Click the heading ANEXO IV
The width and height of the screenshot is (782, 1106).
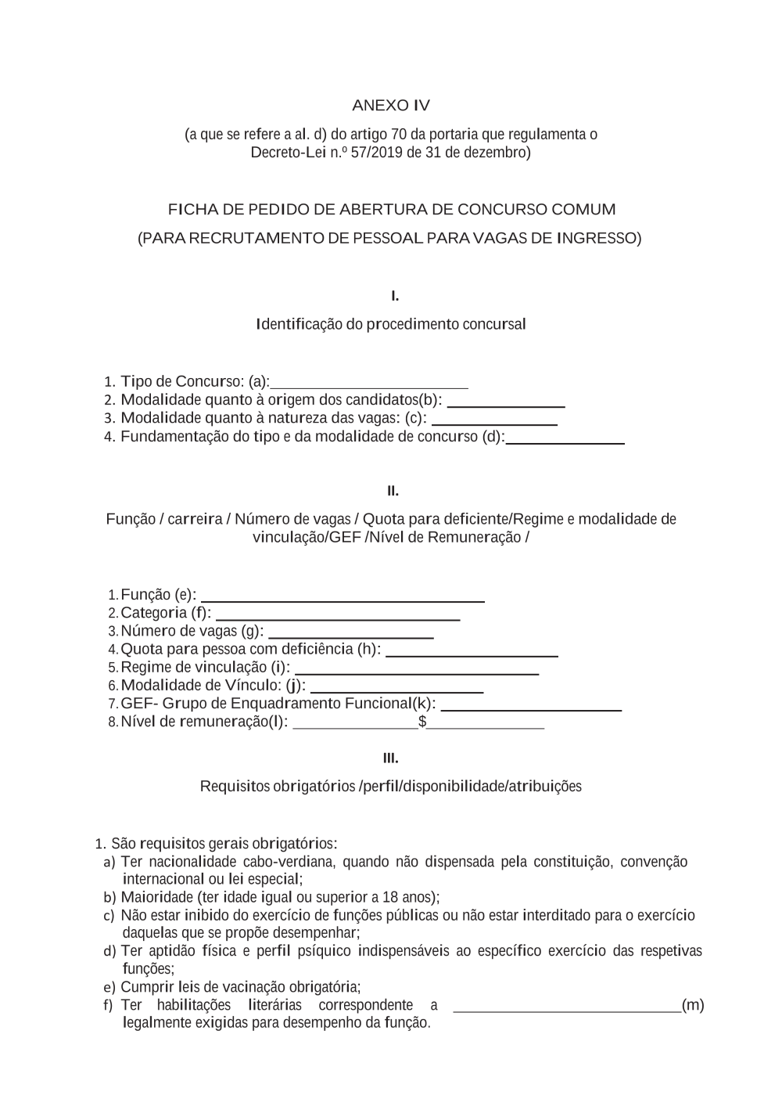pyautogui.click(x=390, y=106)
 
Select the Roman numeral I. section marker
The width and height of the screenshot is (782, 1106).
pyautogui.click(x=395, y=296)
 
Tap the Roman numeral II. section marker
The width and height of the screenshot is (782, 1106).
pyautogui.click(x=393, y=492)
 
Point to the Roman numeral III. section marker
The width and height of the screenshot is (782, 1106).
pyautogui.click(x=390, y=758)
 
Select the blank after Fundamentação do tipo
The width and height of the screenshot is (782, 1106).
pyautogui.click(x=565, y=441)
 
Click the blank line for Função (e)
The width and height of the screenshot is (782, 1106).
pyautogui.click(x=343, y=599)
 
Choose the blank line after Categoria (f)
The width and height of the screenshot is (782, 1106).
pyautogui.click(x=337, y=618)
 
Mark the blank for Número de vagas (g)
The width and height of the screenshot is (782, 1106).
pyautogui.click(x=350, y=636)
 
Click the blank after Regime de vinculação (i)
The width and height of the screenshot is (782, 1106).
pyautogui.click(x=416, y=672)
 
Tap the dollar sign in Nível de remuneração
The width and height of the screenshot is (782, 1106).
pyautogui.click(x=422, y=722)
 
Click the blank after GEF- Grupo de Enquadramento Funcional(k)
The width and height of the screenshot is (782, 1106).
pyautogui.click(x=531, y=708)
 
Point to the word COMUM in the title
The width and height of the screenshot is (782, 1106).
pyautogui.click(x=583, y=210)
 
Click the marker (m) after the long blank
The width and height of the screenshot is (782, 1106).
pyautogui.click(x=693, y=1005)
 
